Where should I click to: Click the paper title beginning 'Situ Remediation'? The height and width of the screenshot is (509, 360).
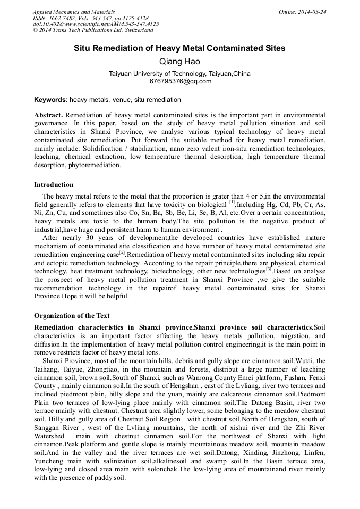click(x=179, y=48)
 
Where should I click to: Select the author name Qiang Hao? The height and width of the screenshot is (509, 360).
click(x=179, y=62)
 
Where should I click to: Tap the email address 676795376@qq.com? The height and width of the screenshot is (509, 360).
click(x=179, y=81)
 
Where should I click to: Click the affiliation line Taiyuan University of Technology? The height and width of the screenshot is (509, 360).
click(x=179, y=74)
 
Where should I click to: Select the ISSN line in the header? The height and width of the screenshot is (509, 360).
click(x=91, y=18)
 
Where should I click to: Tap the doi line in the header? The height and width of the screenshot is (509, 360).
click(x=96, y=24)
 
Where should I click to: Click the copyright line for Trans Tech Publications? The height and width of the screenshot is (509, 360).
click(x=93, y=30)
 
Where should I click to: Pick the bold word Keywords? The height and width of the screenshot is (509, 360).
click(x=50, y=100)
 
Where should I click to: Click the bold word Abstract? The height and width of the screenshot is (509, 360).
click(x=48, y=115)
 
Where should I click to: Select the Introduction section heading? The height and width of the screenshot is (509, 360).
click(x=54, y=185)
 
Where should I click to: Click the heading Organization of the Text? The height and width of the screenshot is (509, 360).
click(x=72, y=316)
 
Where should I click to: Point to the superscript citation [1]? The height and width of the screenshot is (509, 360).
click(x=232, y=202)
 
